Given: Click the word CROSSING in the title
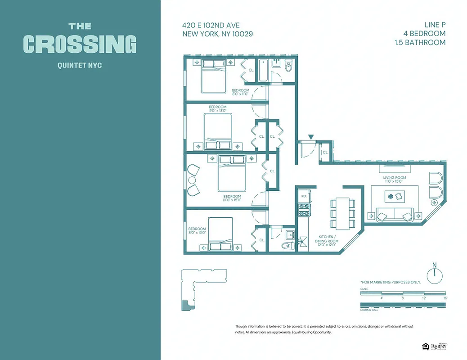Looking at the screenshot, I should pyautogui.click(x=80, y=44).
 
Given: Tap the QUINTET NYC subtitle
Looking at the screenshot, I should pyautogui.click(x=80, y=66).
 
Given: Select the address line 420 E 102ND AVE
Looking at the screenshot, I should pyautogui.click(x=211, y=26).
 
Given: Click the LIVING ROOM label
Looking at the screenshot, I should pyautogui.click(x=395, y=178).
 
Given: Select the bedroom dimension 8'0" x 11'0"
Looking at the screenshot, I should pyautogui.click(x=240, y=94).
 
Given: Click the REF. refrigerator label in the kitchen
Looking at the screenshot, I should pyautogui.click(x=304, y=196).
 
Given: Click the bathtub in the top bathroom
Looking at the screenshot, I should pyautogui.click(x=264, y=71).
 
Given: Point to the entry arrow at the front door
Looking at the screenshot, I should pyautogui.click(x=310, y=137).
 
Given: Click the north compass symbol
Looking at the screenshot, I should pyautogui.click(x=435, y=275).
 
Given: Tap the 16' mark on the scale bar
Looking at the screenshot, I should pyautogui.click(x=445, y=298).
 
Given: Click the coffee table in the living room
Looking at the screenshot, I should pyautogui.click(x=395, y=197).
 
